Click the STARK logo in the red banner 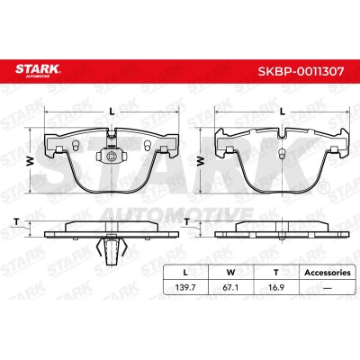tap(38, 70)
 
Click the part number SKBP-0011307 tap(301, 71)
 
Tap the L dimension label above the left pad tap(112, 112)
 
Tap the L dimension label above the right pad tap(282, 112)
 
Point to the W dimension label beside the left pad tap(30, 161)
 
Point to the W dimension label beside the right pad tap(200, 161)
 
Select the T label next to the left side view tap(17, 222)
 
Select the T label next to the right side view tap(187, 222)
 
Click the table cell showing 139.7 tap(185, 288)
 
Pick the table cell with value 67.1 tap(230, 288)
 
